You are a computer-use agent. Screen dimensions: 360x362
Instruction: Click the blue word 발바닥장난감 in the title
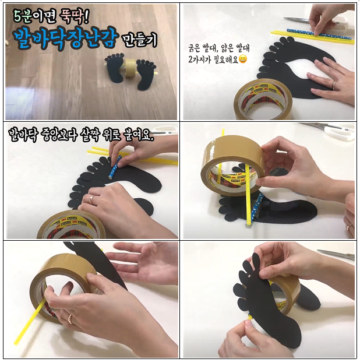point(65,38)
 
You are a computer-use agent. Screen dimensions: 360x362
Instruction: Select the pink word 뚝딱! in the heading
point(74,17)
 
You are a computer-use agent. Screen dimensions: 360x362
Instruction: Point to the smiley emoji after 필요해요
point(242,59)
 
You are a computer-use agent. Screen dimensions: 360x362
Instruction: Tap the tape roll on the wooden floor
point(130,68)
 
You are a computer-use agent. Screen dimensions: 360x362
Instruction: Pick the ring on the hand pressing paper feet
point(334,85)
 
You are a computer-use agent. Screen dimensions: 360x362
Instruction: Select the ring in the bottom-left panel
point(70,319)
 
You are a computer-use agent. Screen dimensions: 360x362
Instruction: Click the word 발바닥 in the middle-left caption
point(22,135)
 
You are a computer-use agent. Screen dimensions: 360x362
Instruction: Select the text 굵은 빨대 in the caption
point(203,48)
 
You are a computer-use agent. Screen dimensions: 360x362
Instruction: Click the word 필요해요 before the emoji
point(225,59)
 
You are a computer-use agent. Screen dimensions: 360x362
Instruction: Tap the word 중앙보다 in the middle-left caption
point(58,135)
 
